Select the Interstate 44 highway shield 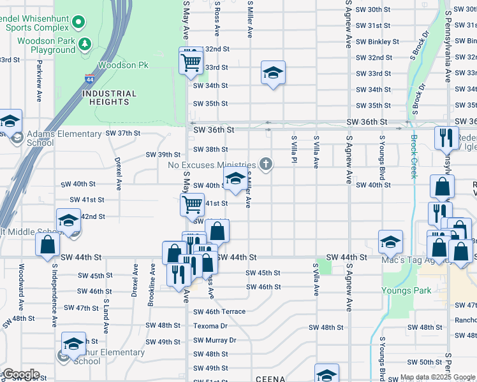(x=89, y=79)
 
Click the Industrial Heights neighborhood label (x=109, y=97)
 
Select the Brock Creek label (x=414, y=157)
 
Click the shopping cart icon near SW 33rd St (x=191, y=62)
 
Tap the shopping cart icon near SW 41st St (x=192, y=204)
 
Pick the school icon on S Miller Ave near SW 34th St (x=273, y=73)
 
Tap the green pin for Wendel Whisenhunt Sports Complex (x=78, y=23)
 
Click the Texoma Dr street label (x=210, y=326)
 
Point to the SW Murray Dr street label (x=214, y=340)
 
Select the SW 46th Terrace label (x=219, y=312)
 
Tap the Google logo (x=20, y=374)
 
